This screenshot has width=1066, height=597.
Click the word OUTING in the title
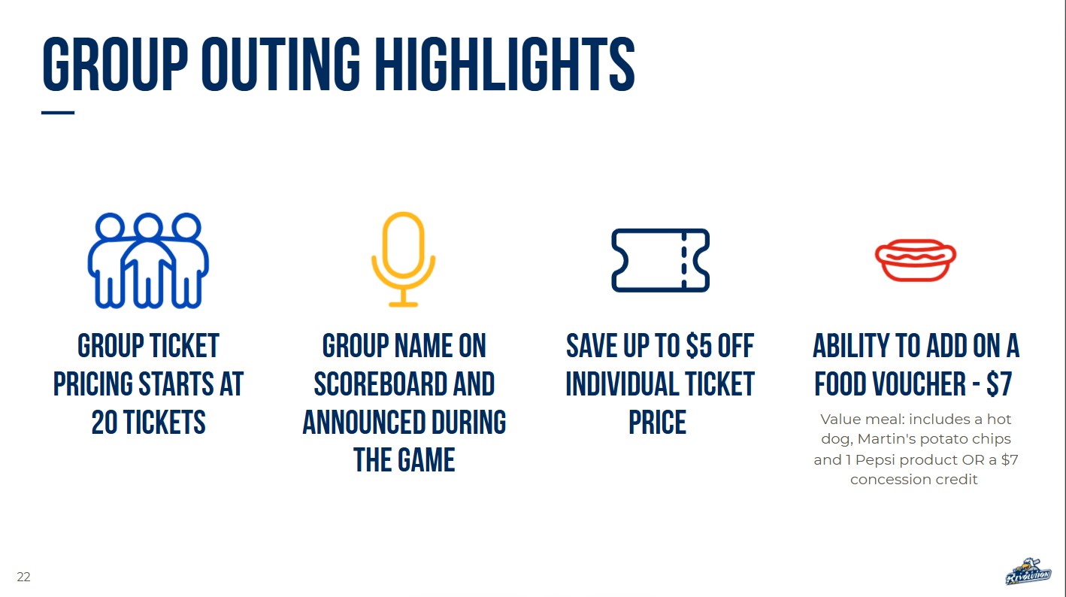point(280,64)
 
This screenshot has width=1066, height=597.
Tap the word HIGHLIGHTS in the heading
point(505,64)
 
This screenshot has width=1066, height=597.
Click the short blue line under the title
point(58,113)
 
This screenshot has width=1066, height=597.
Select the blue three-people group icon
point(148,260)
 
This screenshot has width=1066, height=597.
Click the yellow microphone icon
point(403,259)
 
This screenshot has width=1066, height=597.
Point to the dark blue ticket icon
point(661,260)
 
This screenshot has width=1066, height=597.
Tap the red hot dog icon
point(916,260)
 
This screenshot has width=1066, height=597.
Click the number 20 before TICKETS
point(104,423)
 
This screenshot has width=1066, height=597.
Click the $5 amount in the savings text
point(699,346)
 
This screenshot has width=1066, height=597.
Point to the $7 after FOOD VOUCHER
point(999,384)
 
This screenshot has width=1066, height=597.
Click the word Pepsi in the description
point(876,460)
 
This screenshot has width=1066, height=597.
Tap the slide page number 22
point(23,577)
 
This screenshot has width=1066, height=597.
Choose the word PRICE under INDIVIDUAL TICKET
point(658,423)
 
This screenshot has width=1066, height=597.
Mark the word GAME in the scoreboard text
point(426,460)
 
